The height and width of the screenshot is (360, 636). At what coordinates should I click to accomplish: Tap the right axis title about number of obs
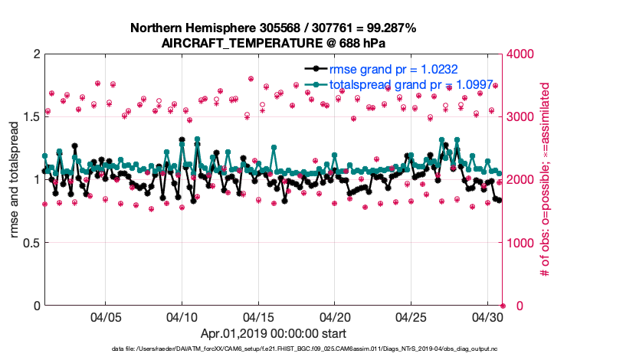pos(546,180)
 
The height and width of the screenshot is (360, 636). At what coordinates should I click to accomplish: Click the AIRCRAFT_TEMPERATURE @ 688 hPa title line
pos(273,44)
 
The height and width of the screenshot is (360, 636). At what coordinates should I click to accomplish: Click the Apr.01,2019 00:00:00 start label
pos(273,334)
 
